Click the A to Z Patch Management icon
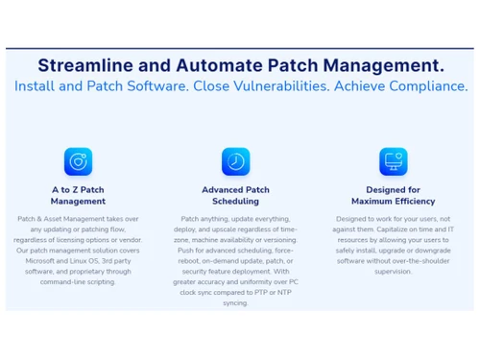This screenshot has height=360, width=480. pyautogui.click(x=78, y=160)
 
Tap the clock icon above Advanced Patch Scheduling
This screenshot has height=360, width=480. pyautogui.click(x=235, y=160)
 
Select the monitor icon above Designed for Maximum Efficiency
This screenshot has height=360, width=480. pyautogui.click(x=393, y=160)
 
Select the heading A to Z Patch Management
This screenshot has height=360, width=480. pyautogui.click(x=78, y=196)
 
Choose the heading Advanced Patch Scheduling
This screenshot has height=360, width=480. pyautogui.click(x=235, y=196)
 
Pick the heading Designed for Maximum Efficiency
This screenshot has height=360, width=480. pyautogui.click(x=393, y=196)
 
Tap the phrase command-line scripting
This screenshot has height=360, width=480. pyautogui.click(x=78, y=282)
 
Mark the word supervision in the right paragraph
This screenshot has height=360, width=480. pyautogui.click(x=393, y=272)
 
